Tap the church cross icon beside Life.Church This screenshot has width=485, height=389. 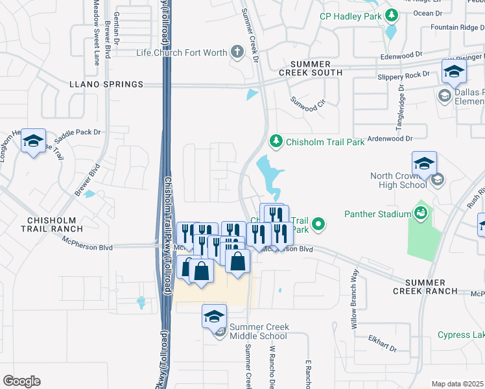238,52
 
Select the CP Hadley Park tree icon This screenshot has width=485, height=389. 392,14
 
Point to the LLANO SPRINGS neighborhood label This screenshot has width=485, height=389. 106,84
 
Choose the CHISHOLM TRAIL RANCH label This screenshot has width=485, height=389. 51,224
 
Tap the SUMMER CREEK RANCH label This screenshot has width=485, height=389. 425,287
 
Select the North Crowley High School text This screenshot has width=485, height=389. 398,180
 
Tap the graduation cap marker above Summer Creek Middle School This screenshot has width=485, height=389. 214,316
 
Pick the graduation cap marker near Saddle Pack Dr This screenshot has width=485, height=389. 33,141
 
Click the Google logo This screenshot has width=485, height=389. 21,381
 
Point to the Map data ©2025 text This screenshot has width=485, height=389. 458,384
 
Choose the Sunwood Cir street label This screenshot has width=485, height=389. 307,102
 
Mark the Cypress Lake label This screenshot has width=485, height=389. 460,335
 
